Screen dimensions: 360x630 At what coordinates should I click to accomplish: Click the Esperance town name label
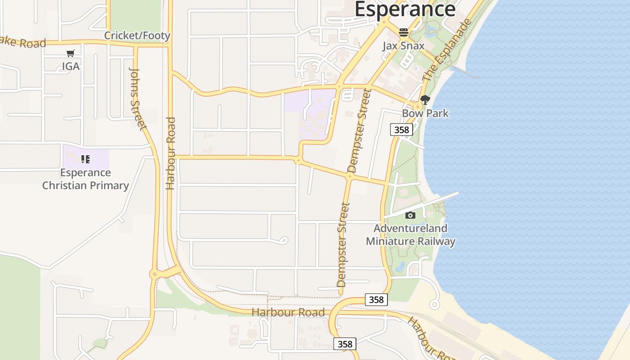coord(405,9)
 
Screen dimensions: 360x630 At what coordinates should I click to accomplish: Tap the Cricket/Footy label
coord(137,36)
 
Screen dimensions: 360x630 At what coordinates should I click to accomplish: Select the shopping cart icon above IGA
coord(70,54)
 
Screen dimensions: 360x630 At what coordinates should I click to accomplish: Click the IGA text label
coord(71,66)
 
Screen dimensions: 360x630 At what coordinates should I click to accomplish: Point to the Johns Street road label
coord(138,99)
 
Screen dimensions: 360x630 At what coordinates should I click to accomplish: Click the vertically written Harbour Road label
coord(170,153)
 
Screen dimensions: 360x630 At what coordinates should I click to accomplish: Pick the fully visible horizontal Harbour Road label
coord(288,312)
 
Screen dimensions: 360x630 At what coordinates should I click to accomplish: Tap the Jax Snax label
coord(403,46)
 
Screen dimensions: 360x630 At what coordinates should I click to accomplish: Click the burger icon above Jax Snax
coord(403,32)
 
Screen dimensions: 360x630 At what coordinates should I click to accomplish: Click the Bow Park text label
coord(425,113)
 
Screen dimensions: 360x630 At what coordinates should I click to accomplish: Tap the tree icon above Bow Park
coord(425,100)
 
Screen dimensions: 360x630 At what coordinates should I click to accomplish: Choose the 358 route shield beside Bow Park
coord(401,130)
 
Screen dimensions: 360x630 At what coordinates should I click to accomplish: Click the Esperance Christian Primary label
coord(85,179)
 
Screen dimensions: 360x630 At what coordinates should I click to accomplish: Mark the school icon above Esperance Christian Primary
coord(85,159)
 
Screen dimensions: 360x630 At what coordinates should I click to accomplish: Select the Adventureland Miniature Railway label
coord(410,234)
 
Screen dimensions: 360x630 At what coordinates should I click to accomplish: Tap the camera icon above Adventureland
coord(410,216)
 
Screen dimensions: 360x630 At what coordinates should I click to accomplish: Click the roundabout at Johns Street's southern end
coord(154,274)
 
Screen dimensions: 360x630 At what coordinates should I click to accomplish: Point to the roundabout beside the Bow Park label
coord(418,107)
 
